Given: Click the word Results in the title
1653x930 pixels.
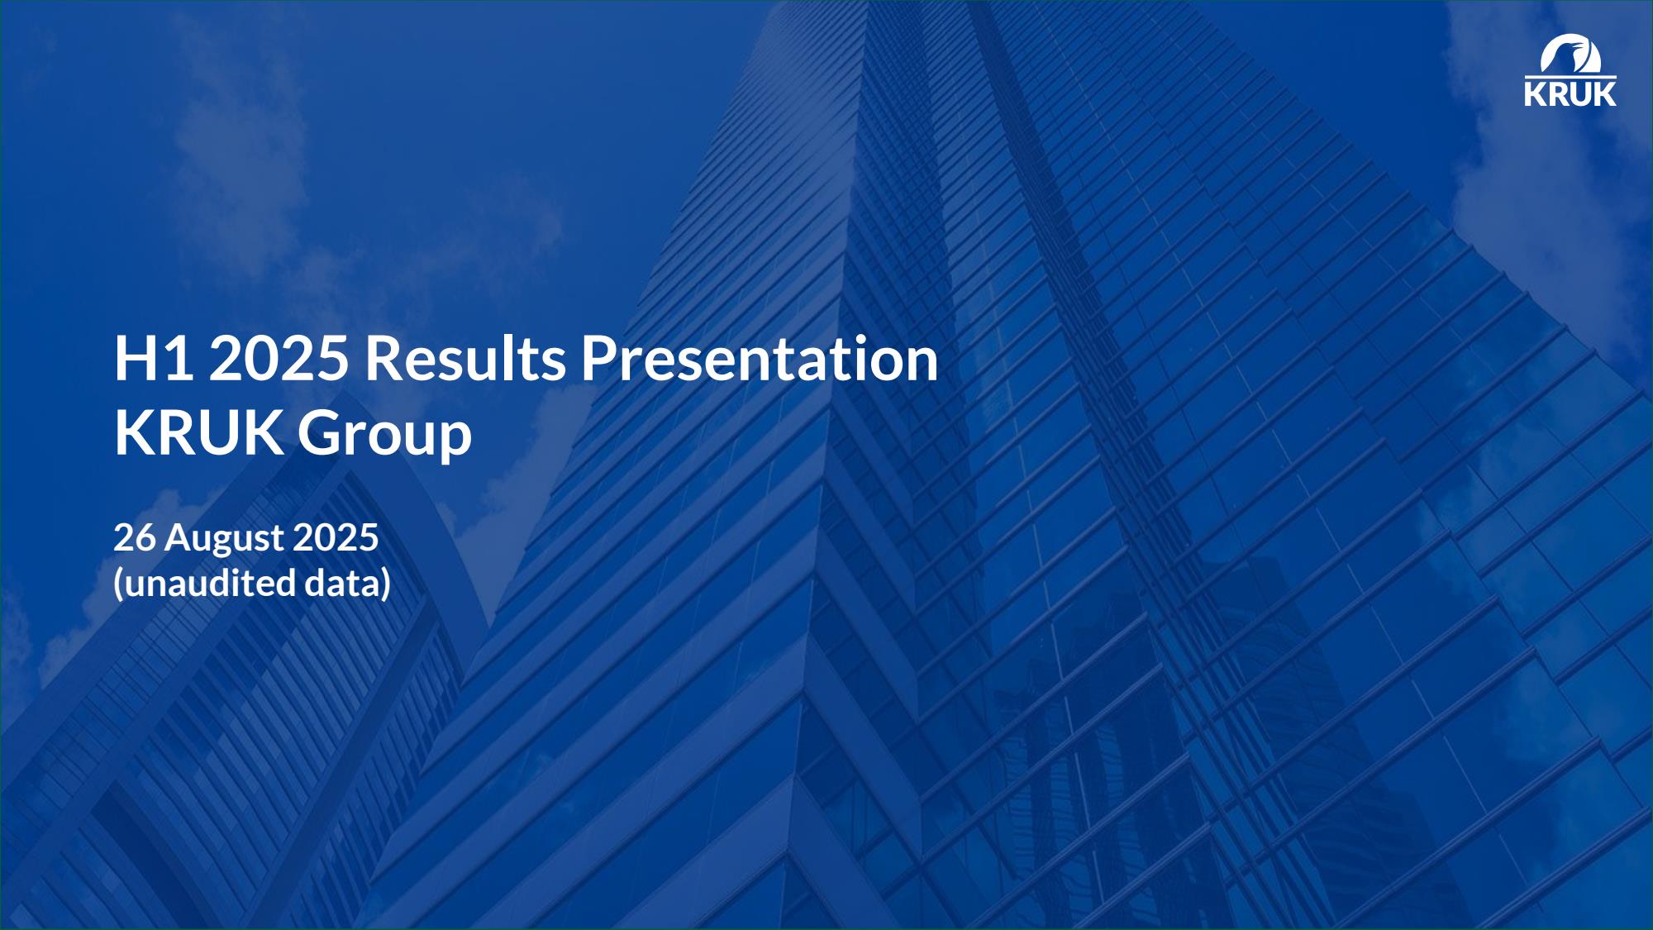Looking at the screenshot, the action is [465, 358].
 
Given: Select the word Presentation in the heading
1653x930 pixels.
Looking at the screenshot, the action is [760, 358].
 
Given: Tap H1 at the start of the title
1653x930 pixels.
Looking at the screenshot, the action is [155, 358].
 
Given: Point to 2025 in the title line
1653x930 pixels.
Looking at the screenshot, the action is [279, 358].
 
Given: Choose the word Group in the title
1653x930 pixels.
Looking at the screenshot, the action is [384, 436].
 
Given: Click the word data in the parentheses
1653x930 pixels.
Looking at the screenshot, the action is [343, 583].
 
